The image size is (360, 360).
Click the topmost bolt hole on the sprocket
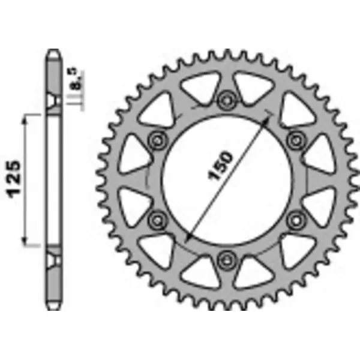[227, 100]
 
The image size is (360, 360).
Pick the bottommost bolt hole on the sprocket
[227, 259]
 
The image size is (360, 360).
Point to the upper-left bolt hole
[158, 140]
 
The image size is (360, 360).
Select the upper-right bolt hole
[295, 140]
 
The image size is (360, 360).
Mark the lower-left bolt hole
[158, 219]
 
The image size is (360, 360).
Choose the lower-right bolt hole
[295, 219]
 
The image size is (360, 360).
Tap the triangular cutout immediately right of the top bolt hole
[256, 87]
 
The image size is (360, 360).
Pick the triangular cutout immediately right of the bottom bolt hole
[256, 271]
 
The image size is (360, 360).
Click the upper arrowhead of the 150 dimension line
[266, 118]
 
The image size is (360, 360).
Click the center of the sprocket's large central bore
[227, 179]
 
